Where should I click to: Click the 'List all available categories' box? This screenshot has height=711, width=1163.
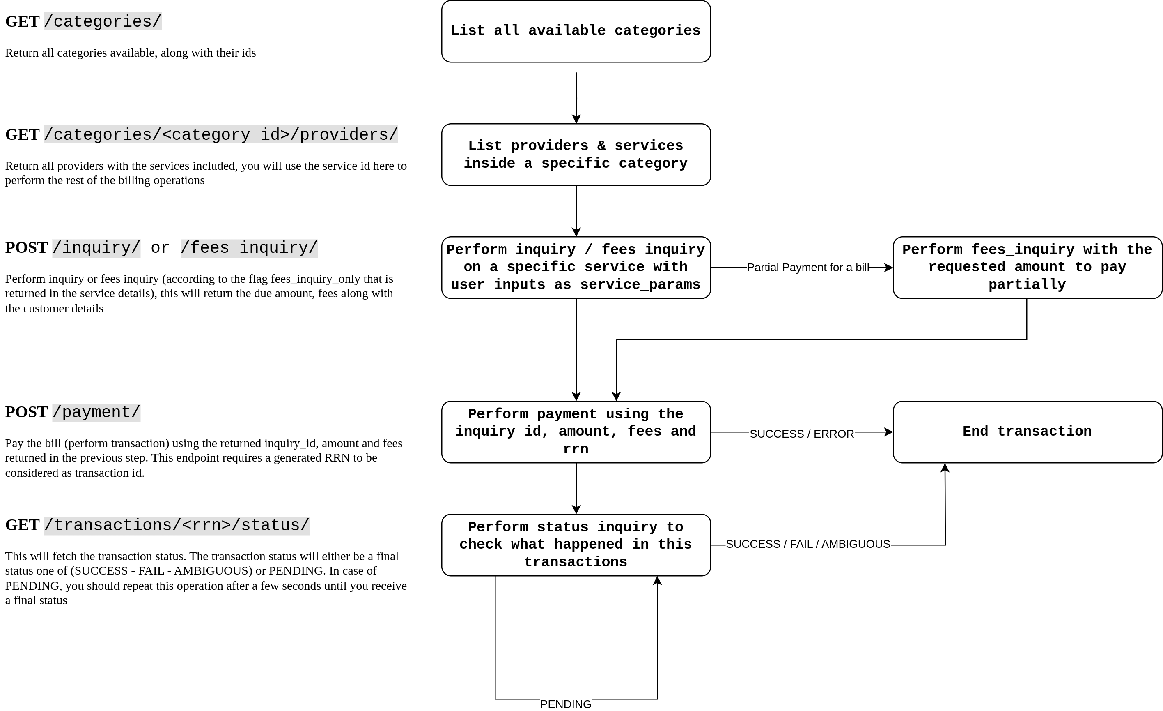(x=576, y=31)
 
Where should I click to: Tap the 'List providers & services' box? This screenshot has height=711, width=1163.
(x=576, y=155)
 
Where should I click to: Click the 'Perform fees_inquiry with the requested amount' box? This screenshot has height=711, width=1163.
(x=1027, y=268)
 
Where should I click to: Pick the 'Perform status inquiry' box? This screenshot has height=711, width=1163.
(x=576, y=544)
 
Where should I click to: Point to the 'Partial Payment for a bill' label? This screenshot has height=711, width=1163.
(x=807, y=268)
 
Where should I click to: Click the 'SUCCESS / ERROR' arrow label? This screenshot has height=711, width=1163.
(x=801, y=433)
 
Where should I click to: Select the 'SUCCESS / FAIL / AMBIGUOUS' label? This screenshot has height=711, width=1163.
(x=807, y=544)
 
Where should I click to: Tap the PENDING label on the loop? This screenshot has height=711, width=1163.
(x=565, y=704)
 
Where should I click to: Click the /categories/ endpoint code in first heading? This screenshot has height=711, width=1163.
(x=103, y=22)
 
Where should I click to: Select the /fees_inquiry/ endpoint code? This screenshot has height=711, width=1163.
(x=249, y=247)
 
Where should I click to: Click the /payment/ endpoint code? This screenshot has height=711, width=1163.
(x=96, y=412)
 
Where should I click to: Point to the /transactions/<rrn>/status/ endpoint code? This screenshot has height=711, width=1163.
(x=177, y=525)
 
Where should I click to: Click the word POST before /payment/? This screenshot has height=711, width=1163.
(x=26, y=412)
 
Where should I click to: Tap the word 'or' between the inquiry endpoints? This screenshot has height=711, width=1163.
(x=160, y=247)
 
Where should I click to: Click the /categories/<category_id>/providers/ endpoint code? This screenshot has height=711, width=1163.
(x=221, y=135)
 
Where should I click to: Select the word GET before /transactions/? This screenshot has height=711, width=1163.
(x=22, y=525)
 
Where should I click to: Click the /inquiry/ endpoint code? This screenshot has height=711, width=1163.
(x=96, y=247)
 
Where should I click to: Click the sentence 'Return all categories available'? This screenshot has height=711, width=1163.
(x=130, y=53)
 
